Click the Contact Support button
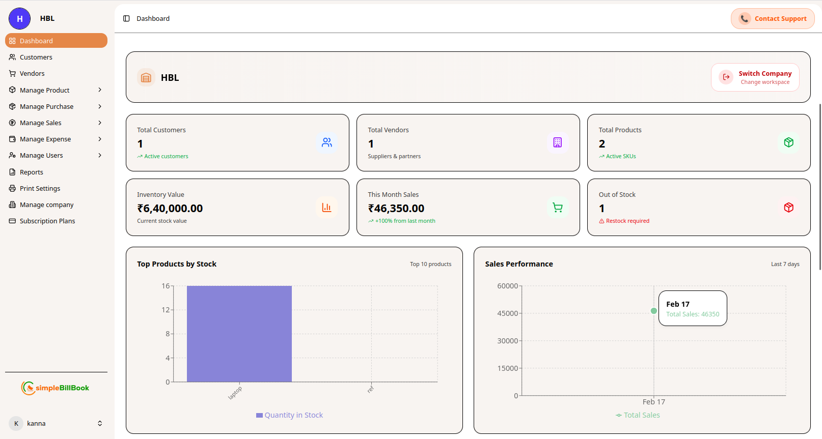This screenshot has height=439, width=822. [773, 19]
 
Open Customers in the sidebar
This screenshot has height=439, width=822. [36, 57]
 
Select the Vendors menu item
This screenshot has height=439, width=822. [32, 74]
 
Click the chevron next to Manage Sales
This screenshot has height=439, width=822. [100, 123]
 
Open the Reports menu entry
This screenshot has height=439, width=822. [31, 172]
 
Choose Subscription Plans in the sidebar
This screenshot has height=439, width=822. [47, 221]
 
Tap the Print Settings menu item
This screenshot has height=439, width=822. [40, 189]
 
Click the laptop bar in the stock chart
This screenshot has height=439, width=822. [239, 334]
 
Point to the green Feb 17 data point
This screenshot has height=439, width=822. [654, 311]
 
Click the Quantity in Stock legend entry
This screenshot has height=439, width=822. [289, 416]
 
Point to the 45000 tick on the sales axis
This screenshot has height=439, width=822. [507, 313]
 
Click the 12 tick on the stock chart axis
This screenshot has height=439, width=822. [166, 310]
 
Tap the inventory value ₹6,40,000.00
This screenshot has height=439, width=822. [170, 209]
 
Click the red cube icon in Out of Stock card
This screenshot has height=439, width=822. [788, 208]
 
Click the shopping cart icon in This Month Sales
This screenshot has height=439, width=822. [558, 208]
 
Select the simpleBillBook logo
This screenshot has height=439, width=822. [56, 388]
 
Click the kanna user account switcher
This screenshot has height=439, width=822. [56, 424]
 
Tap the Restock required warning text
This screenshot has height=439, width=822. [627, 221]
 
